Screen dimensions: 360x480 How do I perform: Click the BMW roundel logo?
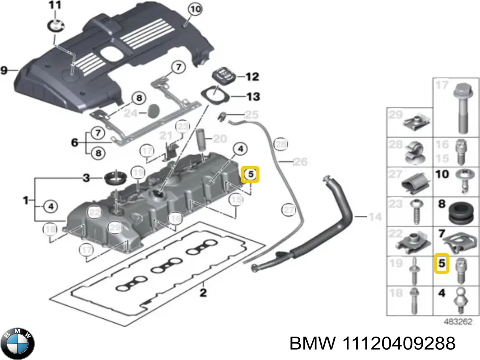coord(18,343)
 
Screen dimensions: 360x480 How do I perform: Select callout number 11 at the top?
coord(55,5)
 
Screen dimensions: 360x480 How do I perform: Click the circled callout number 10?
coord(195,9)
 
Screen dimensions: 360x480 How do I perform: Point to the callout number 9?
coord(4,71)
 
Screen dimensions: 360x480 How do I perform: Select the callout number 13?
coord(253,97)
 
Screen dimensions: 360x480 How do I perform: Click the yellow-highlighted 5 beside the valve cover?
coord(250,174)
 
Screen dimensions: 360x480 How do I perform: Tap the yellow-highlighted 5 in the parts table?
coord(442,263)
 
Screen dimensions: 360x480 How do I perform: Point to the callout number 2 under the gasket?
coord(203,292)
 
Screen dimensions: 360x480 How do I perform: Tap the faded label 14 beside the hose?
coord(375,216)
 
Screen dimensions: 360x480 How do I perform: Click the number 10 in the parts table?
coord(442,174)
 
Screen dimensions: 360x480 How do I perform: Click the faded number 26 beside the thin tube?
coord(301,162)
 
